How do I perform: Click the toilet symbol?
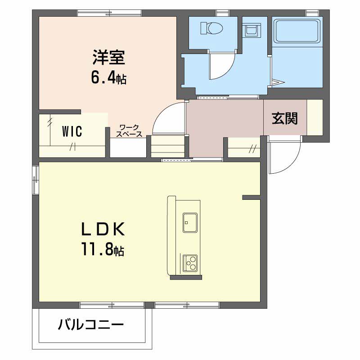pos(211,28)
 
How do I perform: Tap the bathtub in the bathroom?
pos(297,31)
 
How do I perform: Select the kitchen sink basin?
pos(190,222)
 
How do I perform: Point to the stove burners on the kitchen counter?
pos(190,263)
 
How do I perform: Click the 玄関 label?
pos(285,118)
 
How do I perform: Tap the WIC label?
pos(72,131)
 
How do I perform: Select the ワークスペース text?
pos(129,130)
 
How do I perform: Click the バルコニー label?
pos(91,324)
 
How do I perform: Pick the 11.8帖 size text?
pos(103,249)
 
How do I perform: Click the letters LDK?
pos(103,229)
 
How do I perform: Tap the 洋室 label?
pos(109,57)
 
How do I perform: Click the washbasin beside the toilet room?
pos(252,30)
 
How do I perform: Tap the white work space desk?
pos(128,148)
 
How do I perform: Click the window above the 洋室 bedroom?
pos(109,13)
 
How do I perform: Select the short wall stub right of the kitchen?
pos(251,197)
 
